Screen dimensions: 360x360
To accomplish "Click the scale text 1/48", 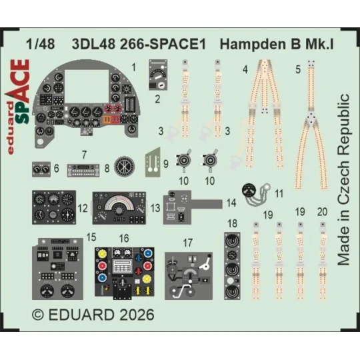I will [41, 47].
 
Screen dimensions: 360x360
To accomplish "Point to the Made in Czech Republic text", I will [343, 180].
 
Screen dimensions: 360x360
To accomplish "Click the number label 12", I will [83, 209].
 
